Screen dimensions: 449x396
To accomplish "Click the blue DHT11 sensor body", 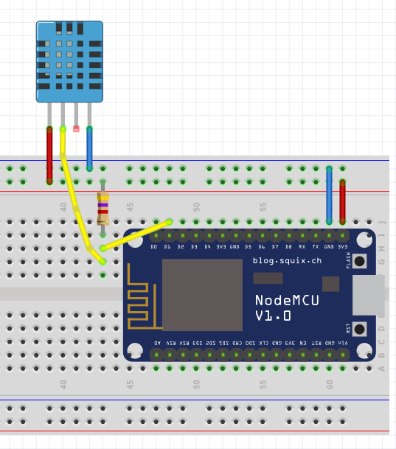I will (x=69, y=61).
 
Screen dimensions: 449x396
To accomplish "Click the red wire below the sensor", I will (x=49, y=155).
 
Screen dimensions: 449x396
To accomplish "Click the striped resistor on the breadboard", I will (x=103, y=208).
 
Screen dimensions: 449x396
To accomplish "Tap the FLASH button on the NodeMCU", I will (x=360, y=260).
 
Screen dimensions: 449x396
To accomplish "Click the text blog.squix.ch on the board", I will (x=287, y=260).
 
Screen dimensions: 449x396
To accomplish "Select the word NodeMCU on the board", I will (x=283, y=300).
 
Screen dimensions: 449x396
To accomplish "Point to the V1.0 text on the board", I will (x=273, y=316).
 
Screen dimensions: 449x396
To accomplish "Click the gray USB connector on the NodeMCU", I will (x=368, y=295).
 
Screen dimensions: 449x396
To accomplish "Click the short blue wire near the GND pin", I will (x=329, y=195).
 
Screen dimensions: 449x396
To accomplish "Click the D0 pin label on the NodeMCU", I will (x=154, y=247).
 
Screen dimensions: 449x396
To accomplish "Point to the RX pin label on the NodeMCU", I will (x=302, y=247).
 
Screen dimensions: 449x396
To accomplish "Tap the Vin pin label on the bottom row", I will (x=342, y=343).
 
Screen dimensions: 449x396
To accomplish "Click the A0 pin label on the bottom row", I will (x=157, y=343).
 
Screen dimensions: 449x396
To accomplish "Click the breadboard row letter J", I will (x=381, y=222).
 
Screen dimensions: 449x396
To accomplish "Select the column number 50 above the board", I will (x=196, y=207).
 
